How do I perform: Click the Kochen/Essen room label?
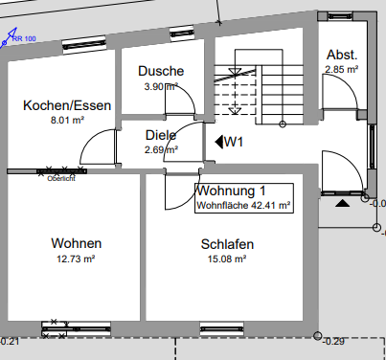click(67, 105)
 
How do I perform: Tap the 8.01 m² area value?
click(67, 121)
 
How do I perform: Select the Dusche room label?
click(160, 71)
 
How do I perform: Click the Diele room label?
click(160, 135)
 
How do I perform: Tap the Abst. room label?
click(342, 55)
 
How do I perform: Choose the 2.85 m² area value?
click(341, 69)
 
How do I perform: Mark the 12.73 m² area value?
click(77, 259)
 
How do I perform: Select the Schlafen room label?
click(227, 244)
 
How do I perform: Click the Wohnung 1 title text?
click(231, 191)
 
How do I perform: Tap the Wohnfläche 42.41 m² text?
click(243, 205)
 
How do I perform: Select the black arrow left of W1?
click(218, 142)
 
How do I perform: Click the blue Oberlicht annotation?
click(60, 177)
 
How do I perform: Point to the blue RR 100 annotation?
click(24, 38)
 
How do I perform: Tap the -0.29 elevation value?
click(334, 341)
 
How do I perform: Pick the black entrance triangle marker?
click(343, 203)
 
